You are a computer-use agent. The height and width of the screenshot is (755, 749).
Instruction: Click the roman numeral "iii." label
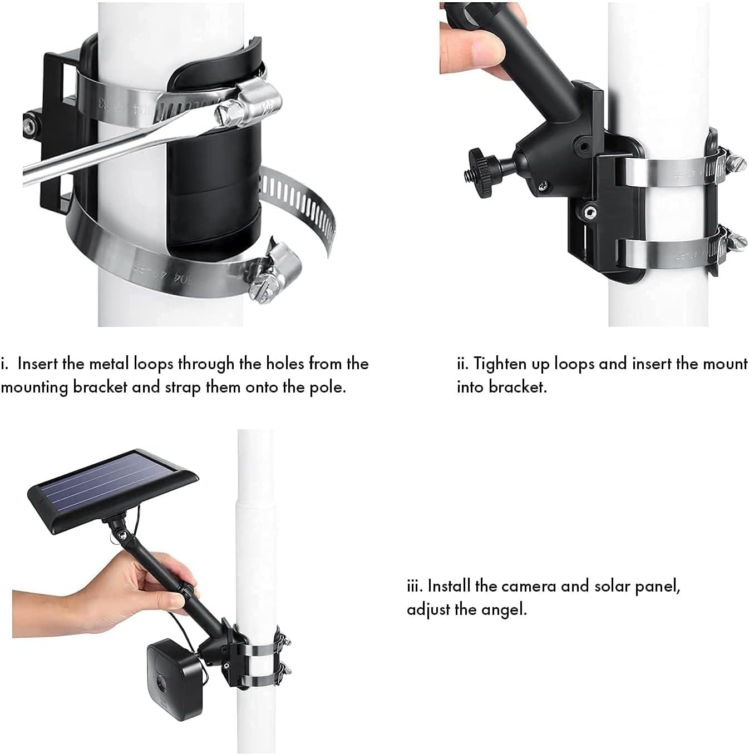pos(415,586)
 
